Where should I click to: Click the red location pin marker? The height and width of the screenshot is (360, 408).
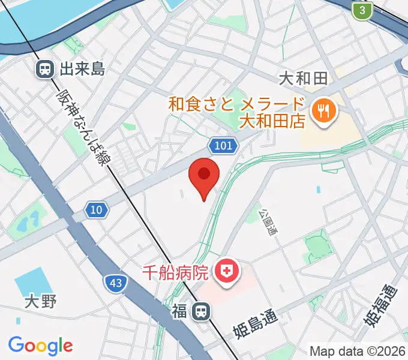click(204, 176)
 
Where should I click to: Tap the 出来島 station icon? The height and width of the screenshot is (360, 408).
click(44, 69)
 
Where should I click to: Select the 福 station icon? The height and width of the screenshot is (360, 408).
click(202, 311)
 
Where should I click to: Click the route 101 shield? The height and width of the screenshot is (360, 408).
click(224, 145)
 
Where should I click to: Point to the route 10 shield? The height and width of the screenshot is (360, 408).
click(96, 209)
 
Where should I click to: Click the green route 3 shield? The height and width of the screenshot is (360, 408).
click(361, 10)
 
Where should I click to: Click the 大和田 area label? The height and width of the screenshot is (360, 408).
click(303, 78)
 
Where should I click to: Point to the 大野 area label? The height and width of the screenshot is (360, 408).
click(41, 301)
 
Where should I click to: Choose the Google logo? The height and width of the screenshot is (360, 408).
click(40, 345)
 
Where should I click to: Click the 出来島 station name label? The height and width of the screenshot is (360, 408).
click(83, 69)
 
